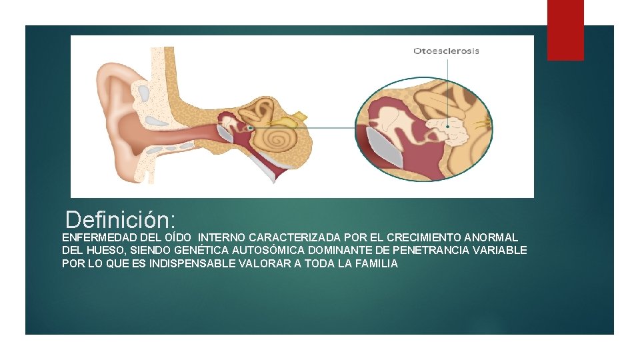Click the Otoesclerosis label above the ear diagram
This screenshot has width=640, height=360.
tap(446, 51)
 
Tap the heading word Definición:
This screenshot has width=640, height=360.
tap(121, 219)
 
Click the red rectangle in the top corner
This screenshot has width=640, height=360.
tap(565, 30)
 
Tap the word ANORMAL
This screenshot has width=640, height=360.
tap(491, 237)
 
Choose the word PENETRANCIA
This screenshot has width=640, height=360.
tap(433, 251)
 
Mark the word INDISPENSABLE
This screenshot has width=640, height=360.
tap(192, 263)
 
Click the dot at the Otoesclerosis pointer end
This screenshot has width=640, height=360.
tap(448, 126)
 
